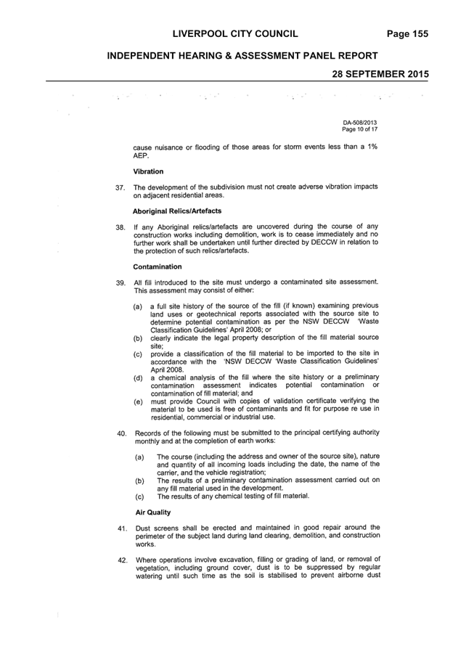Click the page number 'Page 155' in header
[x=407, y=34]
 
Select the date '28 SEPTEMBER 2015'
[x=380, y=74]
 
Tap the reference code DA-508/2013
[x=360, y=123]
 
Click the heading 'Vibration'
[x=148, y=171]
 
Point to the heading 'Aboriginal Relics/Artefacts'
[x=177, y=211]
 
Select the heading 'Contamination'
[x=158, y=266]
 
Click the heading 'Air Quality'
[x=153, y=512]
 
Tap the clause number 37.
[x=120, y=187]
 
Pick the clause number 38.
[x=120, y=227]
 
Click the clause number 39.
[x=121, y=283]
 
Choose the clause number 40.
[x=122, y=433]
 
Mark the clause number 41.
[x=123, y=528]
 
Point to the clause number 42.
[x=123, y=560]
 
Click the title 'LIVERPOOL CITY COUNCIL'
[x=235, y=34]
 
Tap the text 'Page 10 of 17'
[x=360, y=129]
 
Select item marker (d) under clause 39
[x=138, y=378]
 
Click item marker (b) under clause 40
[x=139, y=481]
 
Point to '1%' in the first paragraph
[x=372, y=147]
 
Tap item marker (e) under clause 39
[x=138, y=402]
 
